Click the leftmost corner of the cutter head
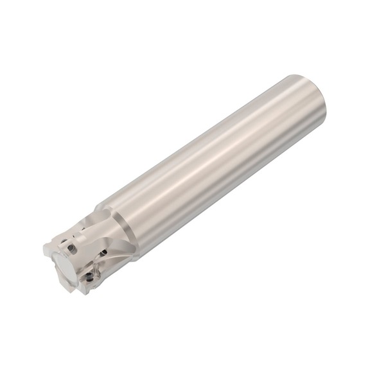[44, 247]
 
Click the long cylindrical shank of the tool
[212, 161]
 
